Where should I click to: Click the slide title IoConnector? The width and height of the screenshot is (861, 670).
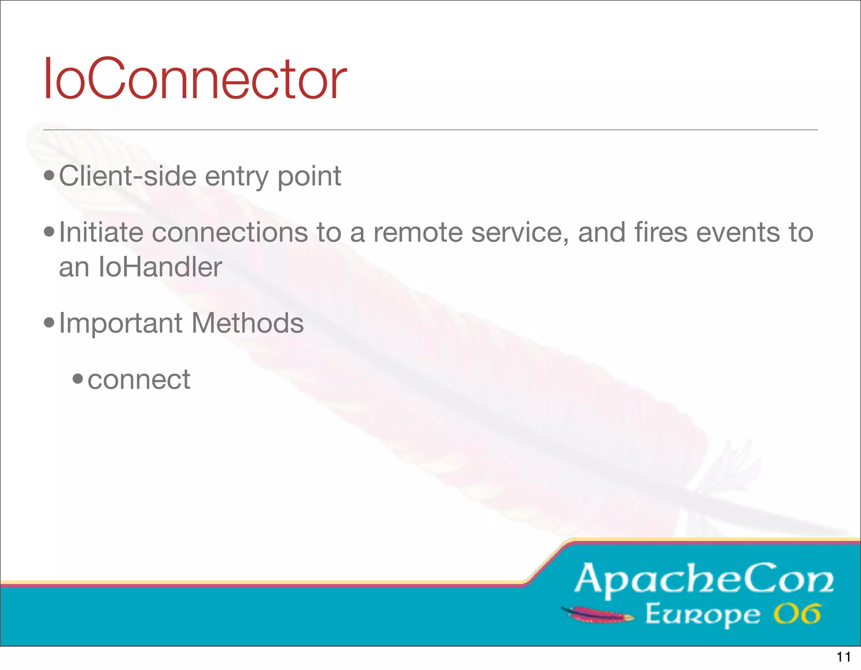[x=195, y=79]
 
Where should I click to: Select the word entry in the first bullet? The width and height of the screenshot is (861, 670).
[x=236, y=177]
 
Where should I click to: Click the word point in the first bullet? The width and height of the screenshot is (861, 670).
[x=309, y=177]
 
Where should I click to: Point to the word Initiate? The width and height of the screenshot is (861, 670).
[x=101, y=232]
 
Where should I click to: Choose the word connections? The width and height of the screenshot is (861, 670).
[x=230, y=232]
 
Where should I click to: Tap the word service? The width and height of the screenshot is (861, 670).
[x=520, y=232]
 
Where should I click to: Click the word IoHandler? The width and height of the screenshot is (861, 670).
[x=160, y=267]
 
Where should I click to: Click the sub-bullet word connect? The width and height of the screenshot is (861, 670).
[x=139, y=380]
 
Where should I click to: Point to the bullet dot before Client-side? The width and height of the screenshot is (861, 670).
[x=49, y=176]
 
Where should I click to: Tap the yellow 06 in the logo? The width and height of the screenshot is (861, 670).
[x=797, y=614]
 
